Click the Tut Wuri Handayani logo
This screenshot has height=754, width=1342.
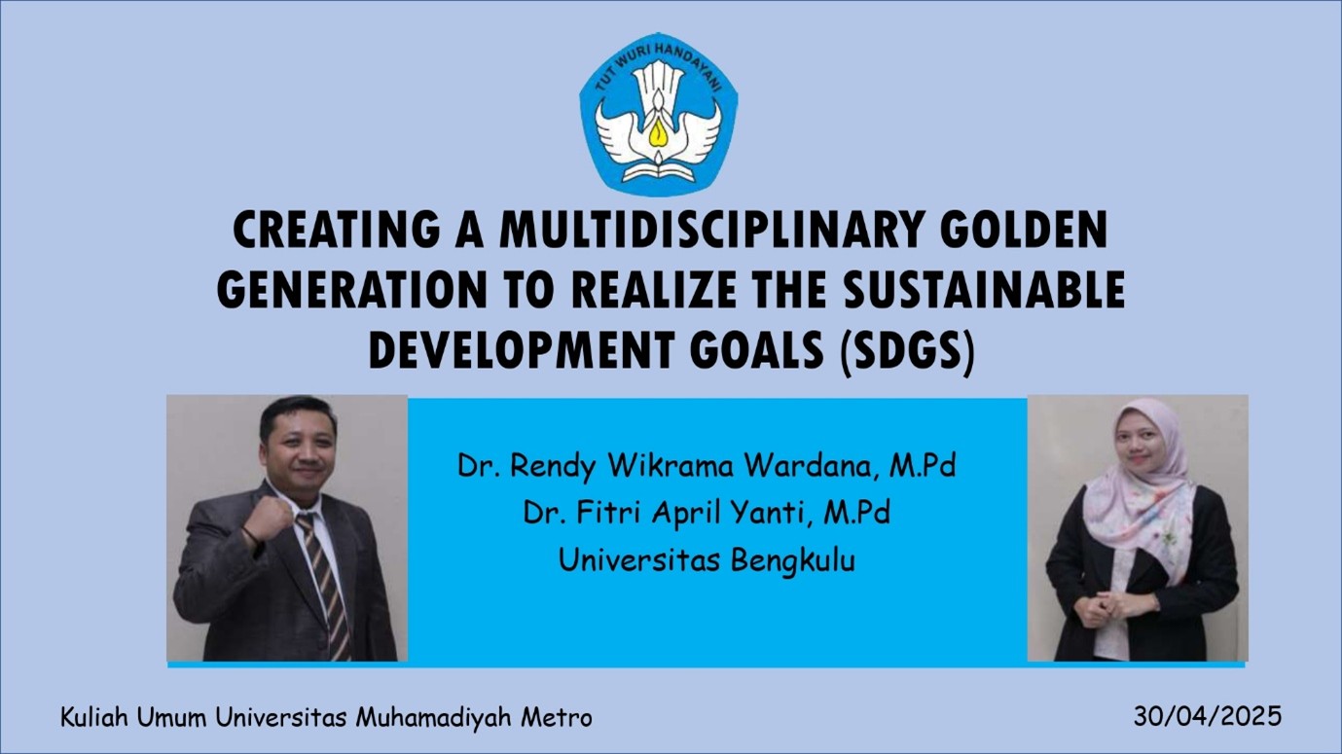click(x=659, y=114)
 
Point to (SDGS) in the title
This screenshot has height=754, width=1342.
click(x=906, y=351)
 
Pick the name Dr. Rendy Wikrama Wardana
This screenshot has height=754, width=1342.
click(x=665, y=466)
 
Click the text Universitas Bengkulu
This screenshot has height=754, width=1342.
click(x=707, y=560)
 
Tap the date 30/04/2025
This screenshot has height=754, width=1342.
click(x=1207, y=716)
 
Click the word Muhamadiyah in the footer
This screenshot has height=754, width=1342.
click(x=435, y=717)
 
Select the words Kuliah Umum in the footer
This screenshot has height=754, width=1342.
click(x=135, y=717)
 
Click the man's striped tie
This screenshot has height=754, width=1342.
click(x=324, y=586)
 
